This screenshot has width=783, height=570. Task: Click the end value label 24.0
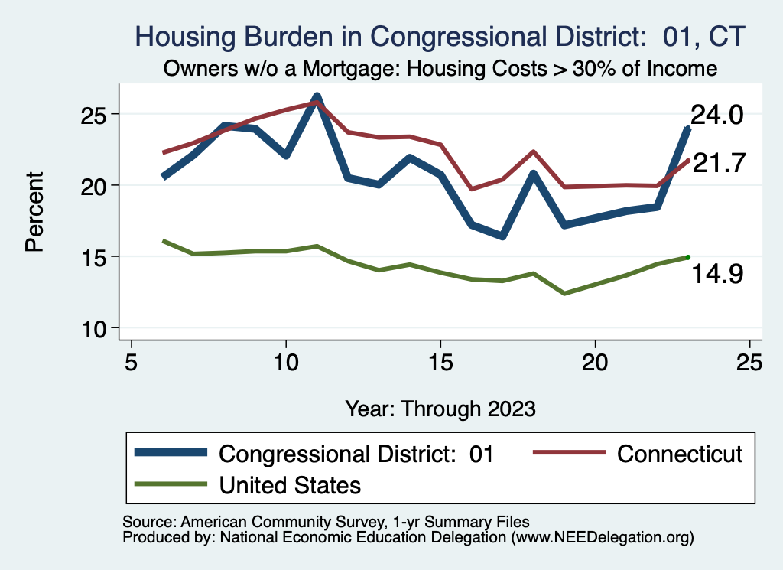tap(716, 116)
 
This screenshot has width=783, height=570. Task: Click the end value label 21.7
tap(718, 163)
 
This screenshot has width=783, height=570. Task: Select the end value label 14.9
tap(718, 274)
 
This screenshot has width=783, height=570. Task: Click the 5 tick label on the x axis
tap(132, 361)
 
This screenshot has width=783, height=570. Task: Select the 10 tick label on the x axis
tap(286, 361)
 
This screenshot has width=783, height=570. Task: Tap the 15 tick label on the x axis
tap(440, 361)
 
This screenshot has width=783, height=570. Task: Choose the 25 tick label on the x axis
tap(749, 361)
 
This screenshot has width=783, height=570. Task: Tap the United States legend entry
tap(290, 484)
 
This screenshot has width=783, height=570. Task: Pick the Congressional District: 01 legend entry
tap(356, 454)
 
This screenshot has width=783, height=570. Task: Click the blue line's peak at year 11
tap(317, 97)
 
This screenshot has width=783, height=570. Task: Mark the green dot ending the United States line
tap(687, 257)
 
